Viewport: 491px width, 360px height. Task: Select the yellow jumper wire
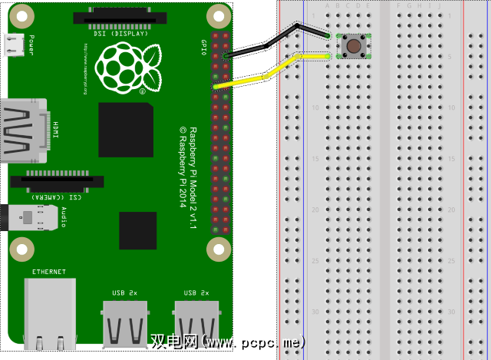(265, 75)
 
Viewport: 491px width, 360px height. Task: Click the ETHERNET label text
(49, 272)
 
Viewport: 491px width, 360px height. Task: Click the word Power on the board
(31, 42)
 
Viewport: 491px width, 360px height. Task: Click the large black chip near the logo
(126, 129)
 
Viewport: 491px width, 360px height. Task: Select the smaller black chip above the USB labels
(137, 230)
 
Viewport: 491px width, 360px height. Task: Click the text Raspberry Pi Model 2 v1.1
(193, 176)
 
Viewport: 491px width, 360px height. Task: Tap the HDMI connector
(23, 130)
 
